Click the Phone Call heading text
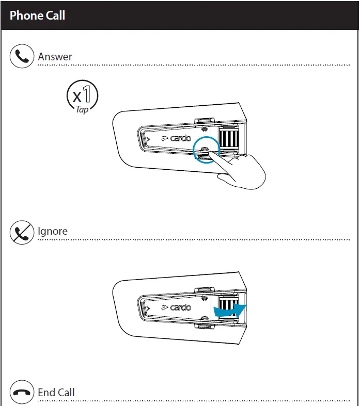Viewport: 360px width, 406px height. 37,15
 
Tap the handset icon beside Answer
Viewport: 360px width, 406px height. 22,56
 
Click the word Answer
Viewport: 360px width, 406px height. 55,57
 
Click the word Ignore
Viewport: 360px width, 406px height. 53,231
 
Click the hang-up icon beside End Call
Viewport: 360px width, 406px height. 22,393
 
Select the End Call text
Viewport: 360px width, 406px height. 56,393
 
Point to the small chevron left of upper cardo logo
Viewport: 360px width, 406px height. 148,139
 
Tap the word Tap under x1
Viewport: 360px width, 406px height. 82,109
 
